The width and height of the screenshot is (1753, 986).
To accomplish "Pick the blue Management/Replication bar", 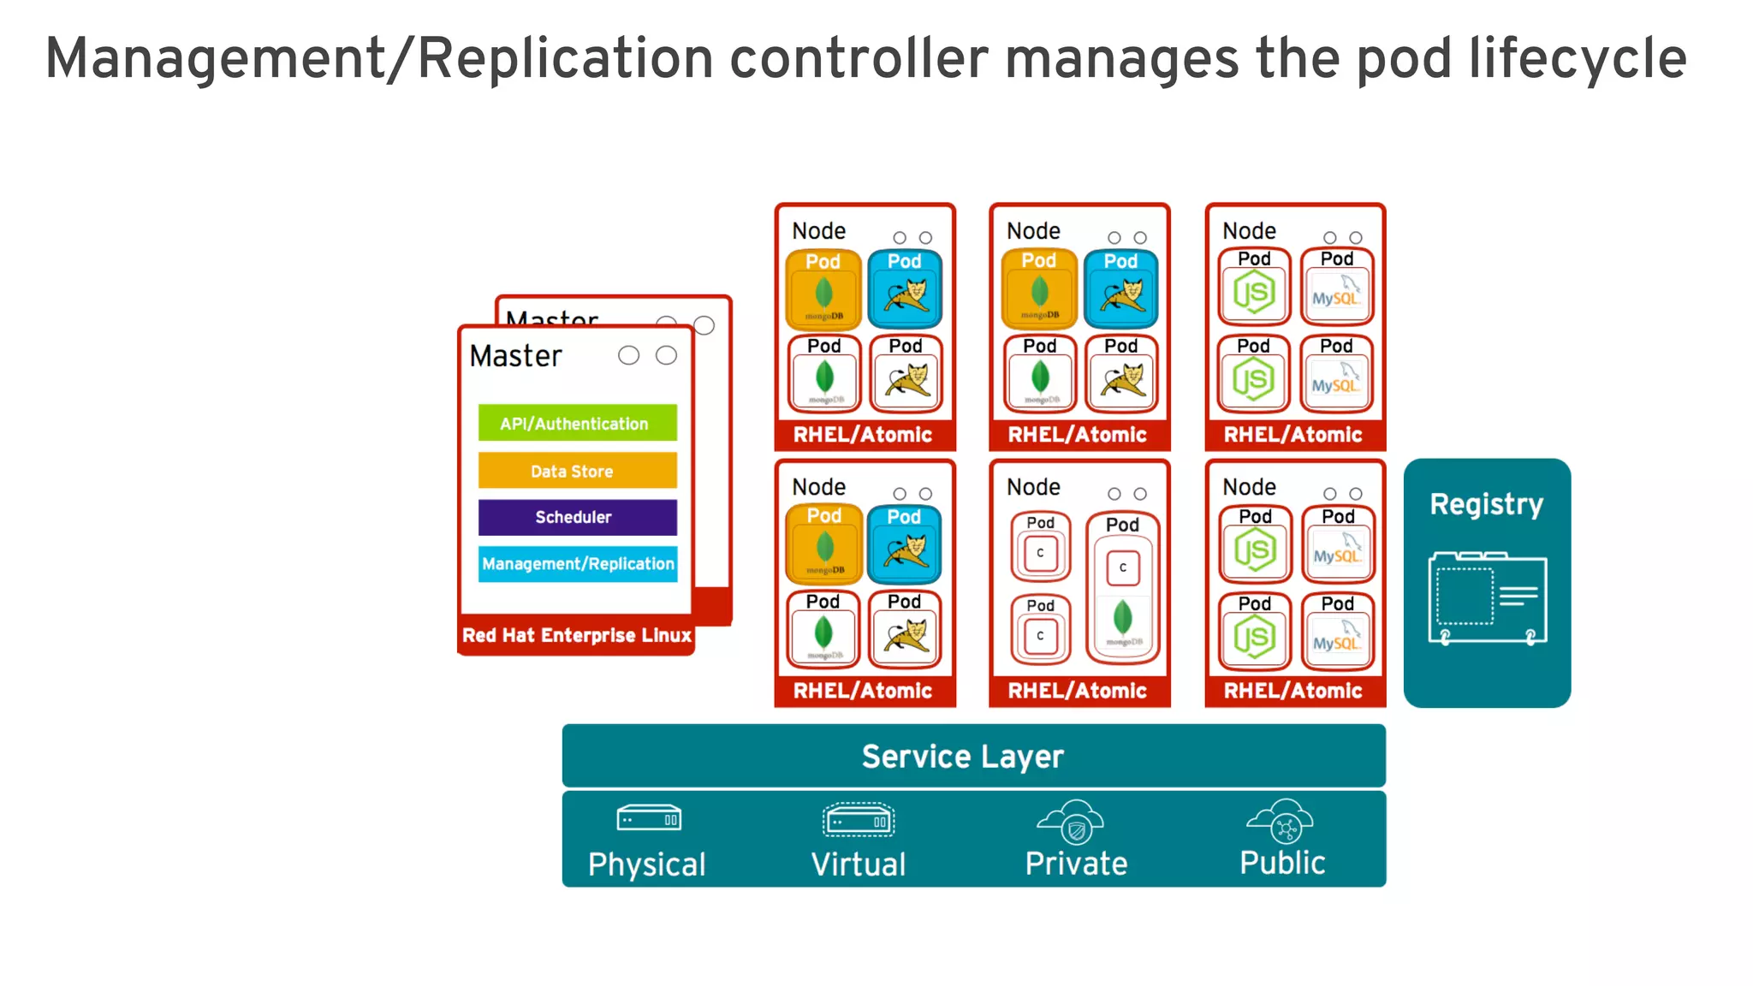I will tap(578, 564).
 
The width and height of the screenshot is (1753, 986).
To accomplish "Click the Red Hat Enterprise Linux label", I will tap(576, 635).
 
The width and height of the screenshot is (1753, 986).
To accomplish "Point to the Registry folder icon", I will tap(1487, 597).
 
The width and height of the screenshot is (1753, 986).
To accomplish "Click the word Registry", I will tap(1487, 504).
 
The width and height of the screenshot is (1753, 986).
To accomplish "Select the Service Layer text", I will tap(962, 757).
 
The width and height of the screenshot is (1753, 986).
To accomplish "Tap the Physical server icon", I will tap(649, 818).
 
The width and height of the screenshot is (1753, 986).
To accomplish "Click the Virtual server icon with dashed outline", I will tap(859, 820).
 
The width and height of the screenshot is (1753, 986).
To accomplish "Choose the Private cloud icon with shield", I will tap(1072, 822).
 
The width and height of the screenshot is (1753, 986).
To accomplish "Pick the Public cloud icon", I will tap(1281, 822).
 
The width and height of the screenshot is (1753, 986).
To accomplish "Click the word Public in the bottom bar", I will tap(1282, 863).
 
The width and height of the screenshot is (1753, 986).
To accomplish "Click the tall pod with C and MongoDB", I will tap(1123, 588).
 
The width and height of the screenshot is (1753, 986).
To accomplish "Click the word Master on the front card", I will tap(515, 355).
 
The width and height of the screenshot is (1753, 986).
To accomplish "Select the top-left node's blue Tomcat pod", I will tap(905, 289).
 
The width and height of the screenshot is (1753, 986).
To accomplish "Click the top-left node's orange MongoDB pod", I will tap(823, 289).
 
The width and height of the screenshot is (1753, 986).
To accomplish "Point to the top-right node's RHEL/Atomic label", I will tap(1292, 435).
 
